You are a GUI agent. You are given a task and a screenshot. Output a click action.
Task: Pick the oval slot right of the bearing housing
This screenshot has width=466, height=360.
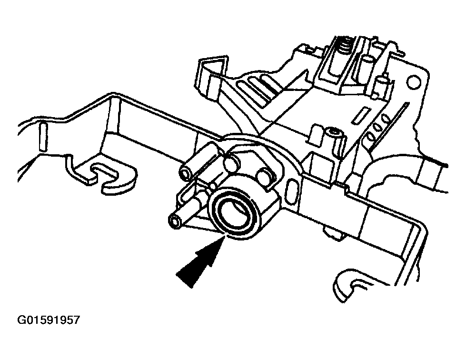289,195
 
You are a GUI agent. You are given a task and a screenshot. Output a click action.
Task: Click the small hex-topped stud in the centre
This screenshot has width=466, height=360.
334,133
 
